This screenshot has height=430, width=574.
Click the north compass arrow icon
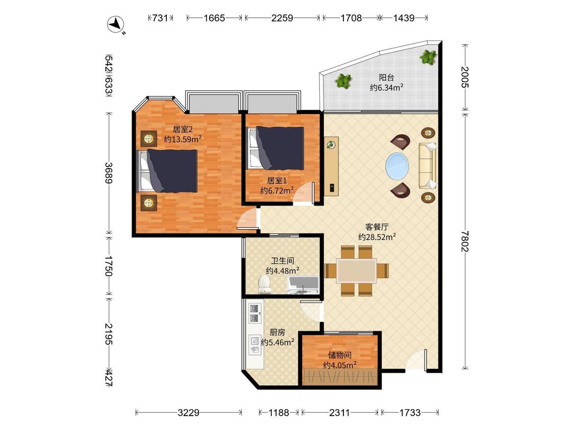coord(116,24)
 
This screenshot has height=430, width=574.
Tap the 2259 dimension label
coord(282,18)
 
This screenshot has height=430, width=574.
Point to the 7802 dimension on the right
coord(465,241)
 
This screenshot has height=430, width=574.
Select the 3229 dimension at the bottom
coord(188,413)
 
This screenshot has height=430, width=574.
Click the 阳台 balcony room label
coord(386,77)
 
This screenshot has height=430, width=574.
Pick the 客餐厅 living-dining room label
coord(377,227)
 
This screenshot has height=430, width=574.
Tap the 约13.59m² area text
coord(183,139)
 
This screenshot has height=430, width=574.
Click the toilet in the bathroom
coord(264,284)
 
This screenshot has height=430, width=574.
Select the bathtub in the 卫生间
coord(304,285)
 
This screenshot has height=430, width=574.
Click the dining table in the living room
coord(357,271)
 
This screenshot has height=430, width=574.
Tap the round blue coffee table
coord(397,166)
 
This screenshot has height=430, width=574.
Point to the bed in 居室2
coord(167,171)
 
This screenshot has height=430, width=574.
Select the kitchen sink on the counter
coord(255,345)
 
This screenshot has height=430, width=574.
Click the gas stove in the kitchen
coord(255,313)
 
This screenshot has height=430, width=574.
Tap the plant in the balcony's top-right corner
coord(428,57)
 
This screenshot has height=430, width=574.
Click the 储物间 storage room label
coord(340,355)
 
